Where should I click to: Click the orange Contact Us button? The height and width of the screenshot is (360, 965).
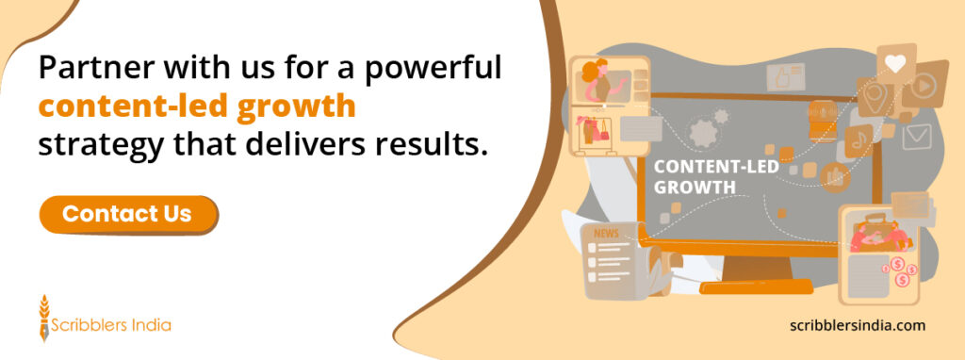click(127, 214)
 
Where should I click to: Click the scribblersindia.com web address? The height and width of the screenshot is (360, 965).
click(858, 325)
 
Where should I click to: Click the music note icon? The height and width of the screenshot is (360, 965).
click(859, 140)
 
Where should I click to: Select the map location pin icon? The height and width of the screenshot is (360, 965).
click(875, 98)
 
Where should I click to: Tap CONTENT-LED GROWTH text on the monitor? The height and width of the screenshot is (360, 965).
click(695, 176)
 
